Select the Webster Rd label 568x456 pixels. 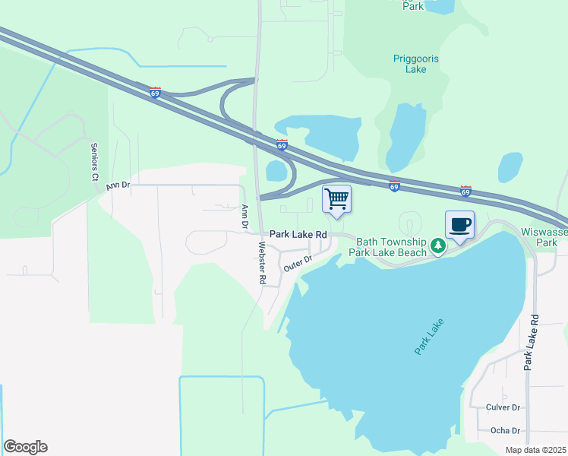pos(262,263)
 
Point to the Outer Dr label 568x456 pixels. pos(298,264)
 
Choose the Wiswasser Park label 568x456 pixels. pos(544,236)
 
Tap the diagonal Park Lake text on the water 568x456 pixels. pos(429,336)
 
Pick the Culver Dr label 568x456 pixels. pos(503,407)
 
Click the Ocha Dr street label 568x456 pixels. pos(503,430)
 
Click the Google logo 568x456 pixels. pos(25,447)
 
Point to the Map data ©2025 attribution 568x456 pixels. pos(535,450)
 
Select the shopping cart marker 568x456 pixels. pos(336,200)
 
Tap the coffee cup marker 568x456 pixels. pos(459,226)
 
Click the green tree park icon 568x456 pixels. pos(437,245)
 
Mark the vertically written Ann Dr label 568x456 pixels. pos(245,216)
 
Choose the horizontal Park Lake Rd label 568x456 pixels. pos(298,236)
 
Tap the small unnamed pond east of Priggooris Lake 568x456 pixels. pos(510,166)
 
